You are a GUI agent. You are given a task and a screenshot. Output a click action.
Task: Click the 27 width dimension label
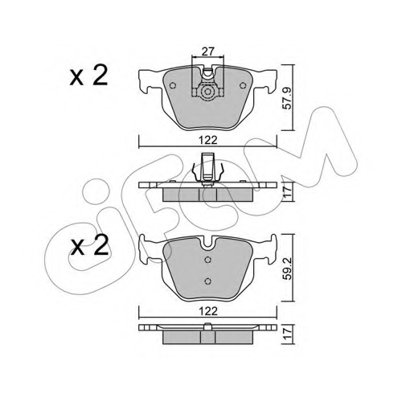(x=208, y=51)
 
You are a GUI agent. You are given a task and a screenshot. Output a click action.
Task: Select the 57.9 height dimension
(x=287, y=98)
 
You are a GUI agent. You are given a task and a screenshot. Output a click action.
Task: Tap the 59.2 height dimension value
(x=287, y=269)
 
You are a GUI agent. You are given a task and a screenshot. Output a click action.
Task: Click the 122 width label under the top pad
(x=208, y=140)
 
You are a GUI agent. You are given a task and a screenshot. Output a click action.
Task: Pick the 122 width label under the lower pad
(x=208, y=311)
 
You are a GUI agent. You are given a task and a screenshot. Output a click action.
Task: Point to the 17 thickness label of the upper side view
(x=287, y=191)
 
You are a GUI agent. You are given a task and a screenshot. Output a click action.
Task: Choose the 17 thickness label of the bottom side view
(x=287, y=334)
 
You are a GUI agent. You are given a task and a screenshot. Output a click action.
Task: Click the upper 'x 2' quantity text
(x=88, y=76)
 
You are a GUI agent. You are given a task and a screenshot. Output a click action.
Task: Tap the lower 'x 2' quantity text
(x=89, y=245)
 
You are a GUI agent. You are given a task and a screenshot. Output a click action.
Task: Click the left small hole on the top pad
(x=173, y=85)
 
